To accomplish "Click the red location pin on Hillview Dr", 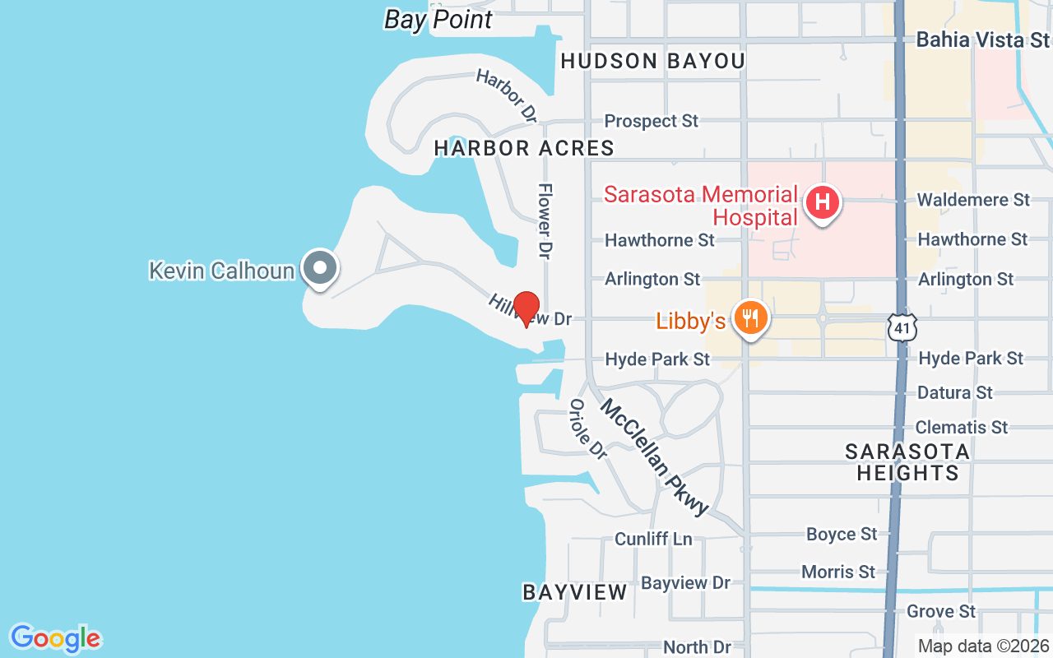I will (x=526, y=308).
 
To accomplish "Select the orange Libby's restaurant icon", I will (x=749, y=317).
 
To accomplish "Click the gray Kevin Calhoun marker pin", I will (x=319, y=268).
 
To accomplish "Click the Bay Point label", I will (x=438, y=20).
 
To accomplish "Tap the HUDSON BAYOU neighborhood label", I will (x=652, y=61).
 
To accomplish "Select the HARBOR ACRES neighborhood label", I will (x=524, y=148).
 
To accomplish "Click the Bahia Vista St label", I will (x=982, y=39).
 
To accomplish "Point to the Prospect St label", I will (x=651, y=121).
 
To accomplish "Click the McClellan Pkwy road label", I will (x=654, y=456).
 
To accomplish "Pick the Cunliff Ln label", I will (x=653, y=539).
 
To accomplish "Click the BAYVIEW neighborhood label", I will (x=575, y=592).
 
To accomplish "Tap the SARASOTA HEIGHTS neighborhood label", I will (x=907, y=462).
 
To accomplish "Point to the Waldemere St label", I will (x=973, y=200).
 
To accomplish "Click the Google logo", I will (x=55, y=638).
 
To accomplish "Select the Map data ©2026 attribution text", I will (x=984, y=646).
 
